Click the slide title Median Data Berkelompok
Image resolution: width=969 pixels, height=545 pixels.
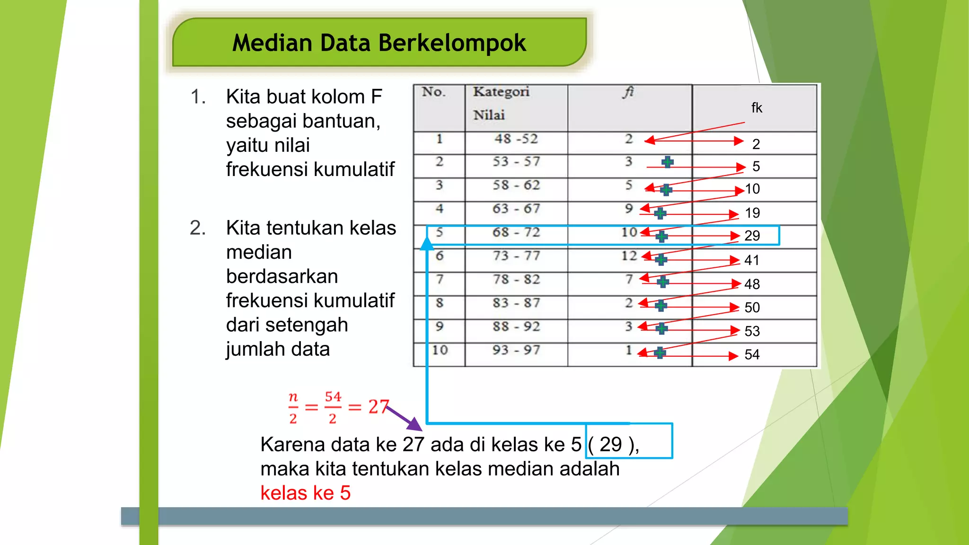click(x=379, y=43)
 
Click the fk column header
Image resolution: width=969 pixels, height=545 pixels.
click(x=756, y=108)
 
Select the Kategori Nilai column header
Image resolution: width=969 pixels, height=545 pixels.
click(x=501, y=103)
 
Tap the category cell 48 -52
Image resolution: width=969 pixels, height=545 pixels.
click(x=516, y=139)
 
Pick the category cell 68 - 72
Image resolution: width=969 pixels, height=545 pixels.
click(x=516, y=232)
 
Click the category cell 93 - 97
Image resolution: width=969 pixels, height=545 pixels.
click(x=516, y=350)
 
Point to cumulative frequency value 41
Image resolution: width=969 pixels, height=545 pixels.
click(x=752, y=260)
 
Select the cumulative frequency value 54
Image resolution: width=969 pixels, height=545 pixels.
click(x=752, y=354)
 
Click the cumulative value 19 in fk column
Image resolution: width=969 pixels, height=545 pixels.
click(x=752, y=213)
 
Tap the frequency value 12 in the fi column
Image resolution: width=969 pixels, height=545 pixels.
click(x=629, y=256)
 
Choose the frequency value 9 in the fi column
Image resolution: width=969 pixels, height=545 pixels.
click(x=628, y=208)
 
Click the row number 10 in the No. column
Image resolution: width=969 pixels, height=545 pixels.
click(x=440, y=350)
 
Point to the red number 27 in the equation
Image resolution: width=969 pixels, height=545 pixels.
click(x=378, y=407)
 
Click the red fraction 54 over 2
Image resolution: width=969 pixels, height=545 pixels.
click(x=333, y=407)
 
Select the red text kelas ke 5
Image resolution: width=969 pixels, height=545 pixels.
click(x=305, y=493)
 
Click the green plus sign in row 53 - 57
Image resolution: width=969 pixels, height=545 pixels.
click(x=668, y=162)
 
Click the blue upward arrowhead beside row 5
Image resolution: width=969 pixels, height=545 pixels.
click(x=427, y=243)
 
